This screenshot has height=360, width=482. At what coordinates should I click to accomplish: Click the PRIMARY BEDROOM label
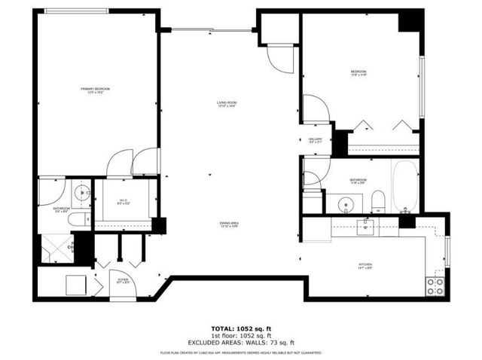coord(96,90)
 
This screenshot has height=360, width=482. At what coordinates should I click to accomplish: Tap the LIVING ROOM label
coord(227,103)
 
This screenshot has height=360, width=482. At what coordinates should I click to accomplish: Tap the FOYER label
coord(123,281)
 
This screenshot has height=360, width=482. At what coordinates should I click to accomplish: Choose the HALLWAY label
coord(316,140)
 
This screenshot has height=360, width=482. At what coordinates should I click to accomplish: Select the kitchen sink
coord(365,226)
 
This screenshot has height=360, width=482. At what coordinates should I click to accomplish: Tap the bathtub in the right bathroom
coord(404,186)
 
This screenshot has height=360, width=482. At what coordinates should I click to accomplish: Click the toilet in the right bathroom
coord(378,201)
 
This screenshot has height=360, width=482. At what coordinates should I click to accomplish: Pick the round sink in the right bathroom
coord(346,203)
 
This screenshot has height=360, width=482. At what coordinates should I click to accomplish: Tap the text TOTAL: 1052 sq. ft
coord(240,328)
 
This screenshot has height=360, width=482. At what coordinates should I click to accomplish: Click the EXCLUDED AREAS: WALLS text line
coord(240,342)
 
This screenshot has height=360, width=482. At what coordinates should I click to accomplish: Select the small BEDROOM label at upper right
coord(358,73)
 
